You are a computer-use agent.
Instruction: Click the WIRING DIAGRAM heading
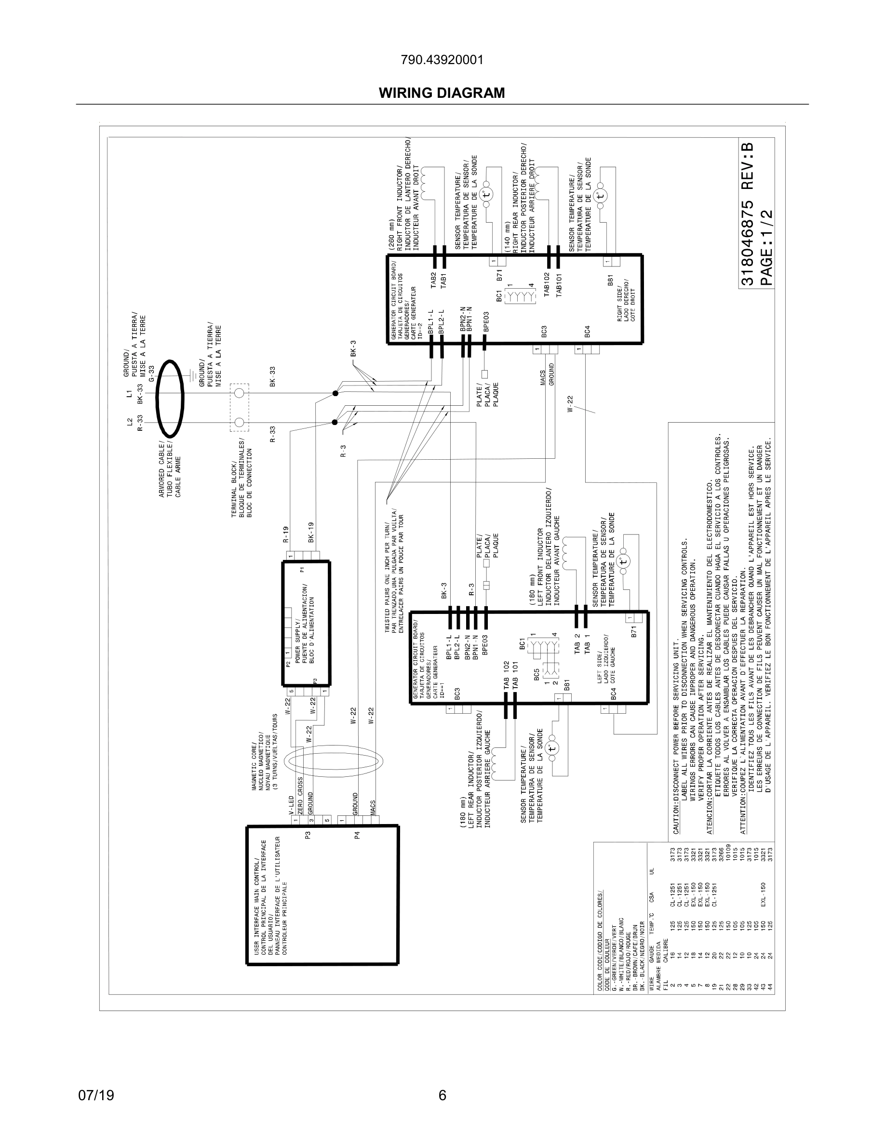point(442,93)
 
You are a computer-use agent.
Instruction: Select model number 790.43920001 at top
point(442,60)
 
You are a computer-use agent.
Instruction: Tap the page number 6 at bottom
point(442,1095)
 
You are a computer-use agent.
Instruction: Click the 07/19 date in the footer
point(96,1095)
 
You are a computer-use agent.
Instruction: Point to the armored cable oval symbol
point(170,399)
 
